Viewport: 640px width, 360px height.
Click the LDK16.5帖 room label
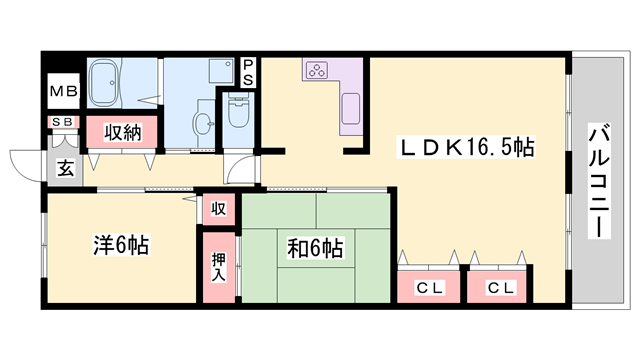(x=468, y=147)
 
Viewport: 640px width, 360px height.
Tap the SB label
(x=62, y=123)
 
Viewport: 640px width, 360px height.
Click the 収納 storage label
(x=118, y=133)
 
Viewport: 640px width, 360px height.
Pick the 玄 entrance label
(x=64, y=167)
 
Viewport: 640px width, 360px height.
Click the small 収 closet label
(x=218, y=210)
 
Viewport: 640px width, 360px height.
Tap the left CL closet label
(x=429, y=287)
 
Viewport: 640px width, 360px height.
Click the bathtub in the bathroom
(x=105, y=82)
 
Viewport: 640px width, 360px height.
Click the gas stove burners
(x=319, y=70)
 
